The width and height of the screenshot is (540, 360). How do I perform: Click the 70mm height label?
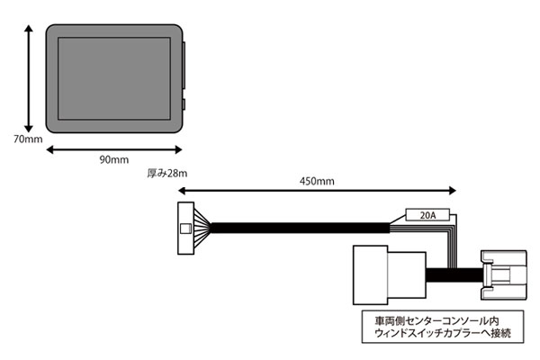click(x=28, y=139)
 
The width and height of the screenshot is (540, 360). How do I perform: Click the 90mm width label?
click(x=114, y=159)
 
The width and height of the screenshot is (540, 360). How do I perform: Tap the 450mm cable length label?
click(x=317, y=181)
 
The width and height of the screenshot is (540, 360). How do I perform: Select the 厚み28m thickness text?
click(x=167, y=174)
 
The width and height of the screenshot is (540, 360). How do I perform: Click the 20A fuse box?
click(x=427, y=215)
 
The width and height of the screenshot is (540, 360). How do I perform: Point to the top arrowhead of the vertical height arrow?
click(x=29, y=28)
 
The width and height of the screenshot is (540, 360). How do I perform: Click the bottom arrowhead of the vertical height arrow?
click(x=29, y=129)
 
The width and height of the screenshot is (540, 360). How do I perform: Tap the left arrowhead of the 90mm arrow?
click(x=49, y=149)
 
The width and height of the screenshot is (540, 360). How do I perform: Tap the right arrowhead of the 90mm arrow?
click(x=178, y=149)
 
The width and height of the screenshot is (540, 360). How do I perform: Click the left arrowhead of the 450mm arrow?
click(x=182, y=191)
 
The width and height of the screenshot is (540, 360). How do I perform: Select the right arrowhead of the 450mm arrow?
click(x=452, y=191)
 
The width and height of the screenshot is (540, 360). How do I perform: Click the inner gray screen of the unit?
click(x=114, y=78)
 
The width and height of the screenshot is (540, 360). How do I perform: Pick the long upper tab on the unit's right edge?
click(x=184, y=66)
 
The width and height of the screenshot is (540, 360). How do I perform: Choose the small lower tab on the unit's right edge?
click(x=184, y=104)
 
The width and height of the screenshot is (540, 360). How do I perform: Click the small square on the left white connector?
click(x=186, y=229)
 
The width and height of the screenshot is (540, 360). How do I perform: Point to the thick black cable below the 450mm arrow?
click(x=300, y=228)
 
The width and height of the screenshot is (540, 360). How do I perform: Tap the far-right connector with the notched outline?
click(x=503, y=274)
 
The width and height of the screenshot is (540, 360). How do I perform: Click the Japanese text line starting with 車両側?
click(x=436, y=320)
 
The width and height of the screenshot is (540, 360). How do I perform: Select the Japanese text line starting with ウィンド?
click(x=443, y=333)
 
